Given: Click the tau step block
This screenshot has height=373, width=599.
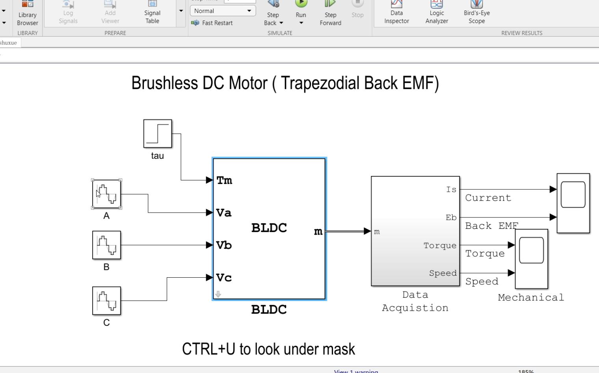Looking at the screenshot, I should [x=158, y=134].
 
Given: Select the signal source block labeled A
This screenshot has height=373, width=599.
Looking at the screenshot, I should [x=106, y=194].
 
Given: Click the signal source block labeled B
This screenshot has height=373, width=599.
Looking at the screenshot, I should [x=106, y=245].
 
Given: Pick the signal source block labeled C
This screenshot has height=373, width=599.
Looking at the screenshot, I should [x=106, y=301].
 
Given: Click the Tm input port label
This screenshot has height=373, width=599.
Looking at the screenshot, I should [x=224, y=180].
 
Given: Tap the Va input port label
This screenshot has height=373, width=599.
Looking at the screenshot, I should [x=224, y=213].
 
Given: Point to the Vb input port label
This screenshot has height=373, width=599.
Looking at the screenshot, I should [x=224, y=245].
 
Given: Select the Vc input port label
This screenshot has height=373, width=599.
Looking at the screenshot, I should [x=224, y=278].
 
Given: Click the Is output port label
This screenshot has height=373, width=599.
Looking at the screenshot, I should [x=451, y=189].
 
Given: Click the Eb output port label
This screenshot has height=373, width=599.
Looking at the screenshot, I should [x=451, y=217].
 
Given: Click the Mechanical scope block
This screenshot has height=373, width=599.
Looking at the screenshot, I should [x=531, y=258].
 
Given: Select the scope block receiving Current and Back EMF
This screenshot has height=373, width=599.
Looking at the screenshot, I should [x=573, y=203].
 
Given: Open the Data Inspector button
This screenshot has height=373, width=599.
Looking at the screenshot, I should [x=396, y=12].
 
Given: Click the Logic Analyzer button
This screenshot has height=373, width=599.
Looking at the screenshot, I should [x=437, y=12].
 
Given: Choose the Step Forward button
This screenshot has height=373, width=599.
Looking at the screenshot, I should [x=330, y=12].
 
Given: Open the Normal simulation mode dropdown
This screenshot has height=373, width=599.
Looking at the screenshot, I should [x=223, y=11].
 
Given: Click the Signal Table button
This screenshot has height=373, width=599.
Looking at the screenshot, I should [x=152, y=12].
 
